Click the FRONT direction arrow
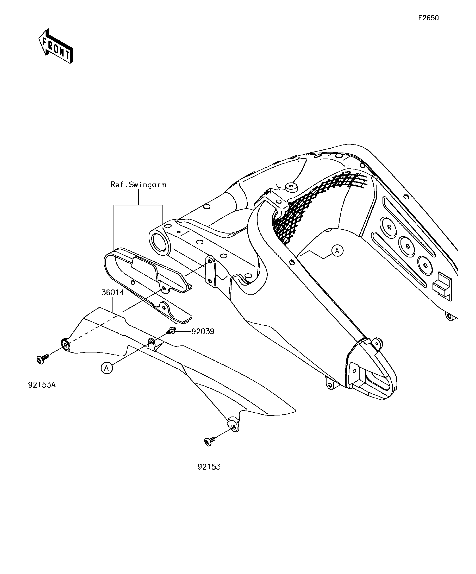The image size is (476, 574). (x=55, y=46)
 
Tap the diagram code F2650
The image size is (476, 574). (x=428, y=18)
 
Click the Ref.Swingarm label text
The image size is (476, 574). (x=138, y=185)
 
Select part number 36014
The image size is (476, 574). (x=113, y=293)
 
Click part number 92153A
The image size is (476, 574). (x=42, y=385)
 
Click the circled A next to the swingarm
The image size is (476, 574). (x=337, y=250)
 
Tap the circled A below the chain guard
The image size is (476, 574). (x=107, y=368)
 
